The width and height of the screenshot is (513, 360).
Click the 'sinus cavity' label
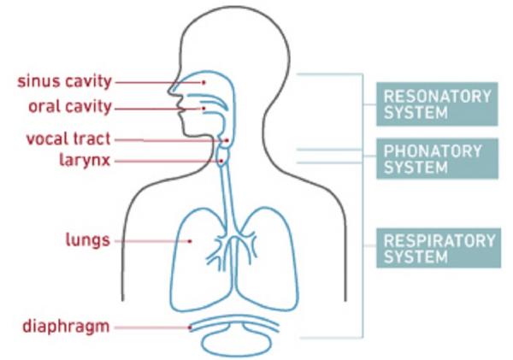(65, 82)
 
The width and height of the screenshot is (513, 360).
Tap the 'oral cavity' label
(71, 108)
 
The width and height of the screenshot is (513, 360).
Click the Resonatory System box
(438, 103)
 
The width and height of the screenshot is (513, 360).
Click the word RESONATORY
(438, 95)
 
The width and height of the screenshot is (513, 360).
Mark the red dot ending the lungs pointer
(191, 241)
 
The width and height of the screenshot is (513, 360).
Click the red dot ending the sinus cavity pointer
(203, 82)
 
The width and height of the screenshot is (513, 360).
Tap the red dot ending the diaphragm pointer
(190, 326)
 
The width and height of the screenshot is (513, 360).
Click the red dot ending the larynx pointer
(221, 160)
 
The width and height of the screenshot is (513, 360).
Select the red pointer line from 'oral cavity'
(158, 109)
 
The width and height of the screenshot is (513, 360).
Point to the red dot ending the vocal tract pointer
(226, 140)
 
